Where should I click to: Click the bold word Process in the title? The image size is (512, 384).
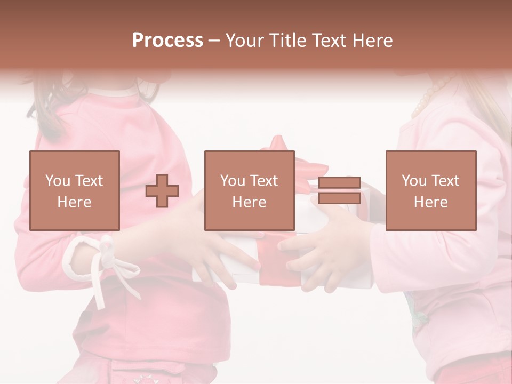click(x=167, y=41)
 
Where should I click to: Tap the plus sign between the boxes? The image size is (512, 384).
click(x=162, y=191)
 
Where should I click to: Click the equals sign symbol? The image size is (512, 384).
click(x=339, y=190)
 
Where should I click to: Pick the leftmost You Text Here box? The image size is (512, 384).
click(x=75, y=190)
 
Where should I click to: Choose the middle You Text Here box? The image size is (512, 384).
click(x=250, y=190)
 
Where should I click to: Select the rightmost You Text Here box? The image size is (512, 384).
click(x=431, y=190)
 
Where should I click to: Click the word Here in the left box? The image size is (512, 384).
click(x=75, y=202)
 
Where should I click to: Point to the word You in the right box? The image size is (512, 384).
click(x=413, y=181)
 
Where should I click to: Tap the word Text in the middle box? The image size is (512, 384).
click(x=263, y=181)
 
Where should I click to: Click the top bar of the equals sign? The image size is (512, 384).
click(x=339, y=183)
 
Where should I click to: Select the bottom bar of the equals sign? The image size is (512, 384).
click(x=339, y=198)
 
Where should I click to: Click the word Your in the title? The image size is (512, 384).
click(x=243, y=41)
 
